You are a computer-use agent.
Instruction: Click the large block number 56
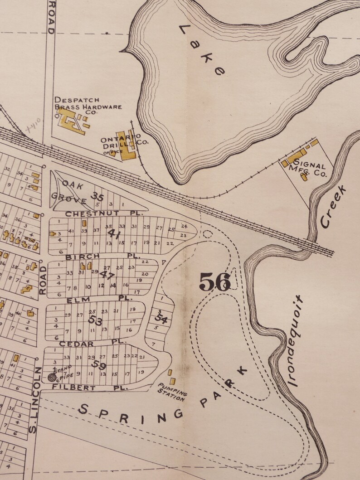[215, 282]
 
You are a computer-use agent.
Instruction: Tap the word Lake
[202, 50]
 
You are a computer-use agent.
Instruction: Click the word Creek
[333, 206]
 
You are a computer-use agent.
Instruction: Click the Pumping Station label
[172, 392]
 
